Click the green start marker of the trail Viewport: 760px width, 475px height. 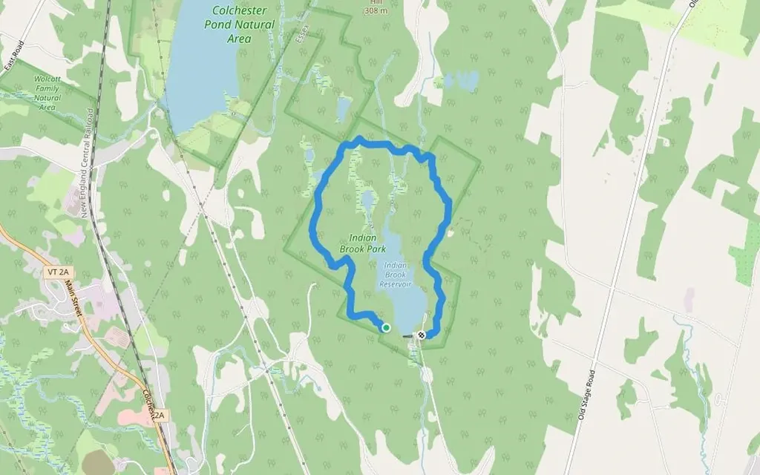tap(386, 327)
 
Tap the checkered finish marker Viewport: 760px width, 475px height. tap(422, 335)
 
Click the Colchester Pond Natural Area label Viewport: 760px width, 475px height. tap(239, 24)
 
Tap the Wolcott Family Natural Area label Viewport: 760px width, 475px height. tap(47, 92)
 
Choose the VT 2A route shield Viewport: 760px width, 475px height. tap(61, 272)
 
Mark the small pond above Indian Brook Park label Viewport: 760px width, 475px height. tap(367, 200)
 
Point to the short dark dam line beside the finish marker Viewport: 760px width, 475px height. tap(408, 336)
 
